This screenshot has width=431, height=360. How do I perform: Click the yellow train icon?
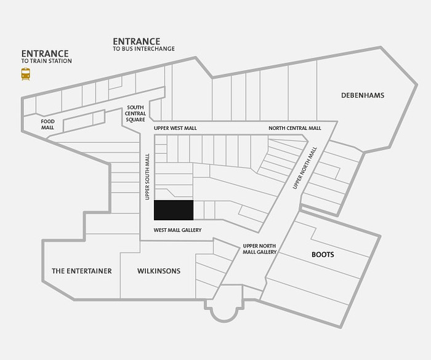26,74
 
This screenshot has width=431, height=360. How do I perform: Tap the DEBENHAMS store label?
363,95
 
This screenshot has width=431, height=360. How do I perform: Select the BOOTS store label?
323,255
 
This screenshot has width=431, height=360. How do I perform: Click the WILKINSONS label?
159,271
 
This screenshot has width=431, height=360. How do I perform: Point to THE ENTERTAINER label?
82,271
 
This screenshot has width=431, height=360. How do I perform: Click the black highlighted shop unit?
174,210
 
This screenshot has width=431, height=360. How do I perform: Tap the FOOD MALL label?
48,124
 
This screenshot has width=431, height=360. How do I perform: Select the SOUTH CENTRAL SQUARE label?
135,113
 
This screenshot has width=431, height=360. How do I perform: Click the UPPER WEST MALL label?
175,129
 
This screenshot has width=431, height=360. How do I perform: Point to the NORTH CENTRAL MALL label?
295,129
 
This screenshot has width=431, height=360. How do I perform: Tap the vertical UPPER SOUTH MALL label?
147,177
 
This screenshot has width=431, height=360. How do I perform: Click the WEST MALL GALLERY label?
177,230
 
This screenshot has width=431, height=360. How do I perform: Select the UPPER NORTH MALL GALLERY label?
259,249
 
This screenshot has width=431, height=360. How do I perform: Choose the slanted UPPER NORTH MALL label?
305,168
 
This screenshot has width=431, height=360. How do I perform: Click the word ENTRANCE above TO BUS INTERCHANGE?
137,41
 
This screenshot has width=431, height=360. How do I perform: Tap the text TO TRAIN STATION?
46,61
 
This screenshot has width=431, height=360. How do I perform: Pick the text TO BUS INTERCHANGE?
143,49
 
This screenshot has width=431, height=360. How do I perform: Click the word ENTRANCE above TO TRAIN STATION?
45,54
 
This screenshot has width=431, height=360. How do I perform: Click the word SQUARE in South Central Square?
135,119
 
